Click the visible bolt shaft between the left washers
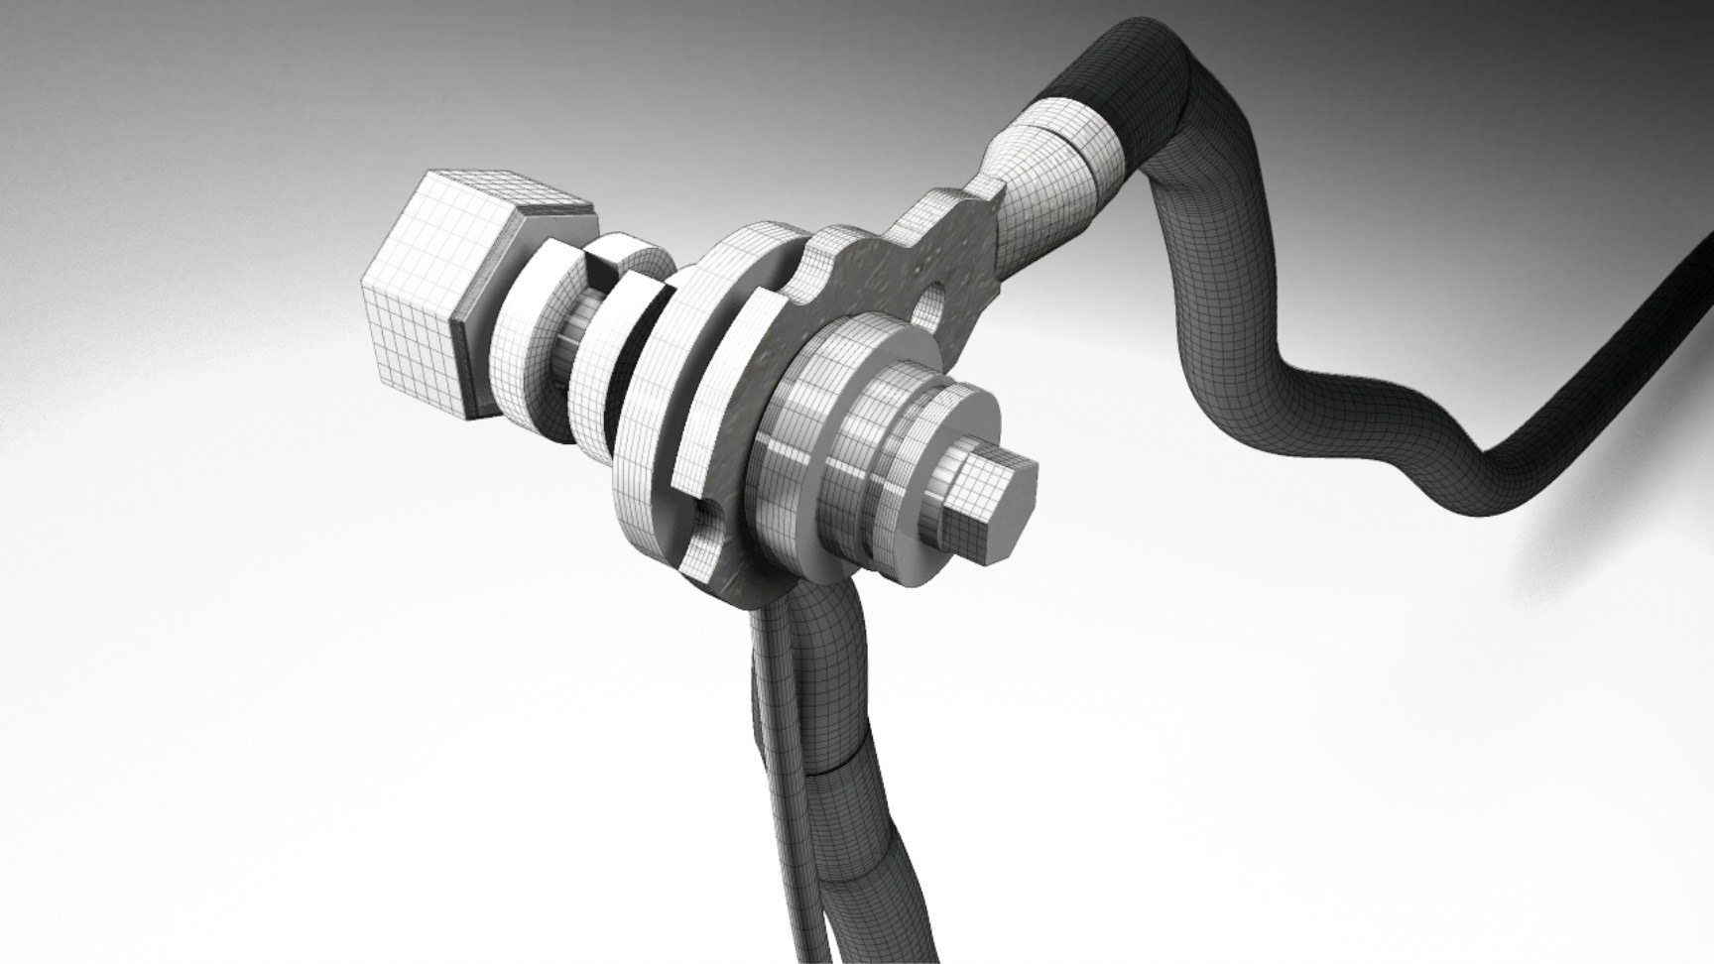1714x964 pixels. pyautogui.click(x=576, y=347)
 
